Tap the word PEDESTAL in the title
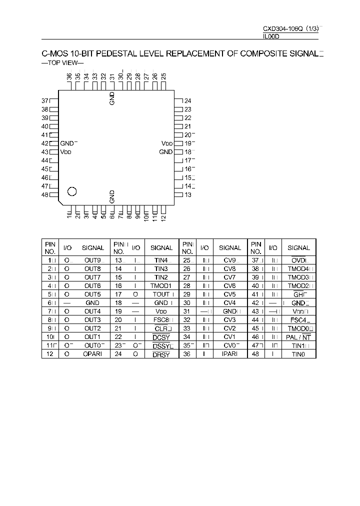coord(113,53)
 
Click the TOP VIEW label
coord(62,64)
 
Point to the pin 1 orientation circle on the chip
coord(72,190)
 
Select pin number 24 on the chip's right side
coord(187,100)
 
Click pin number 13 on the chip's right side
coord(187,194)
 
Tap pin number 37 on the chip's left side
coord(44,100)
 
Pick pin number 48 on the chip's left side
coord(44,194)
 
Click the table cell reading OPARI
coord(92,354)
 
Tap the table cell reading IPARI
coord(230,354)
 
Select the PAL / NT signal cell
coord(298,337)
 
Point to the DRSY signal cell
coord(161,354)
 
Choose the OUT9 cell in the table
coord(92,260)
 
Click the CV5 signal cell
coord(229,294)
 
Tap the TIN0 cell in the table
coord(298,354)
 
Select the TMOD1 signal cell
coord(161,286)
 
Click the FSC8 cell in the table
coord(161,320)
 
